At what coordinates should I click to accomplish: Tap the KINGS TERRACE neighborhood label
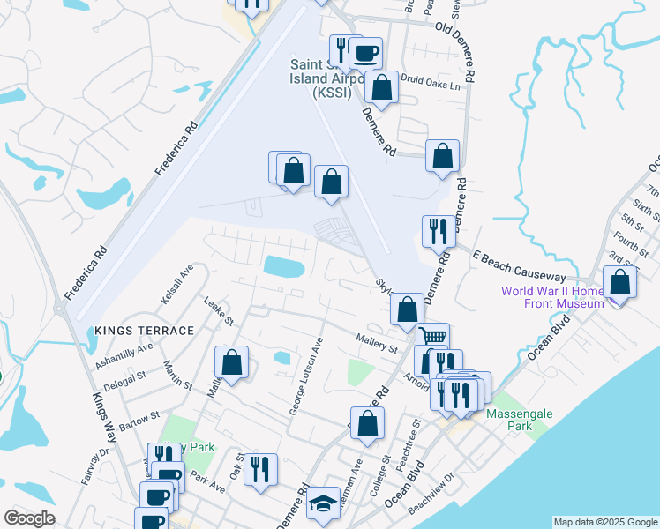tap(144, 330)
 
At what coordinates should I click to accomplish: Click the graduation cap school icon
tap(324, 504)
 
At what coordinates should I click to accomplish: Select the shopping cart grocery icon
tap(432, 337)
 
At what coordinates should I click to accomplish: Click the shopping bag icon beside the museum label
tap(620, 283)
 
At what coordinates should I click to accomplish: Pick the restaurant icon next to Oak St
tap(260, 468)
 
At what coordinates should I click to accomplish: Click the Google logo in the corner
tap(29, 518)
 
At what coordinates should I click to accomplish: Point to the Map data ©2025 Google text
tap(604, 522)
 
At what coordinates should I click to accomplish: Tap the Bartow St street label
tap(141, 415)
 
